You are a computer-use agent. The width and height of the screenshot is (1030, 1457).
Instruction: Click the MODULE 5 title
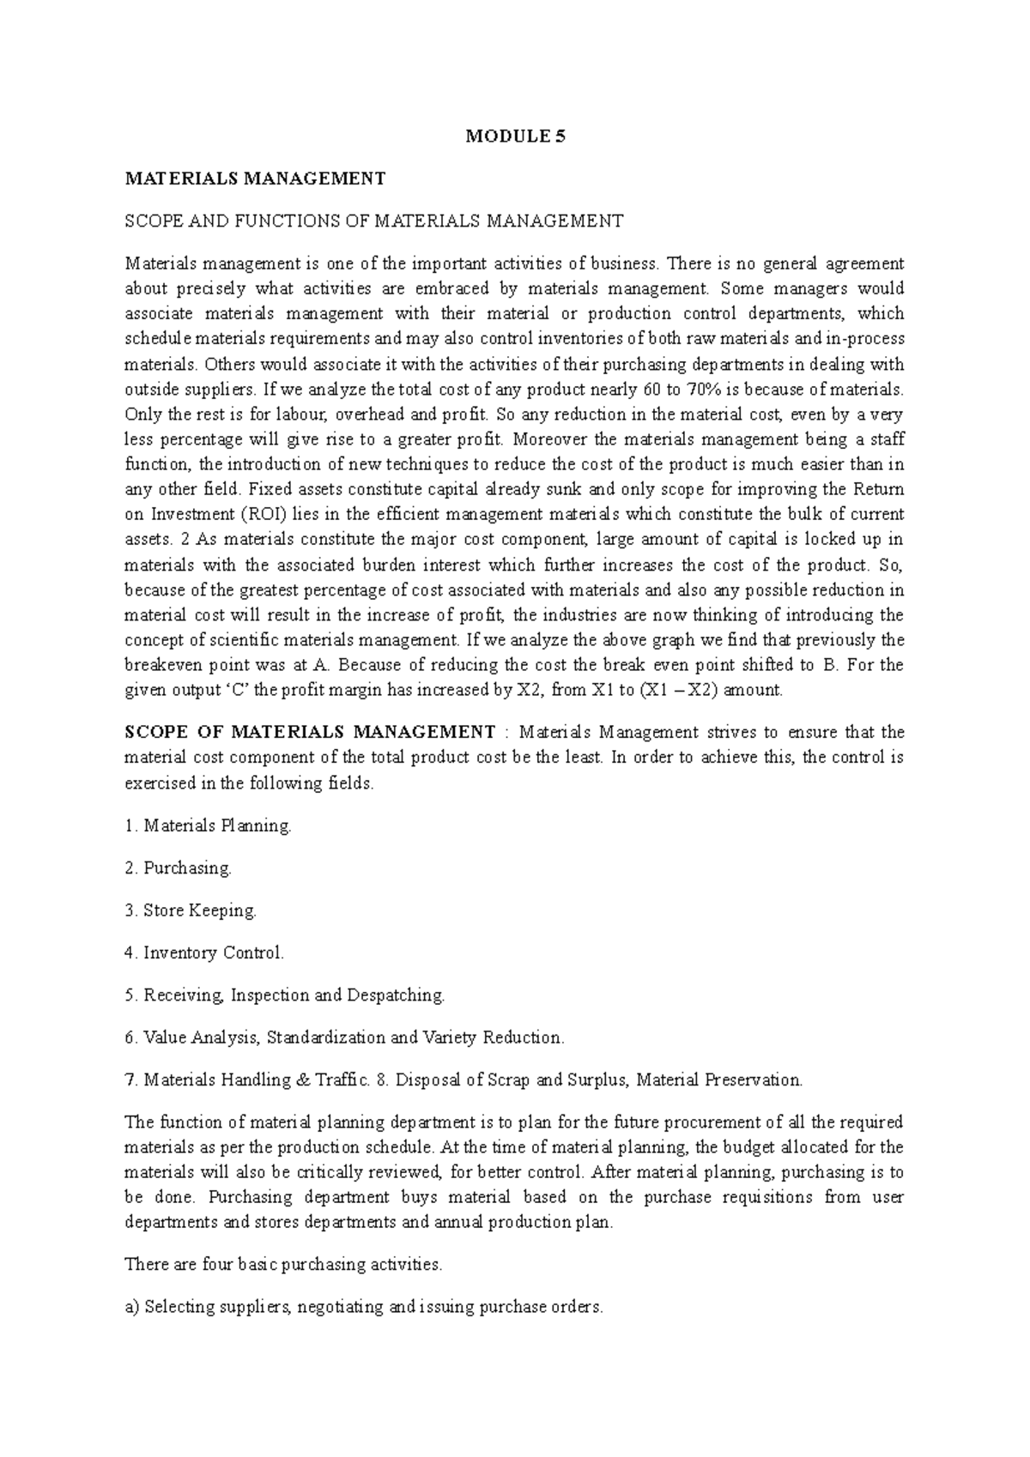515,136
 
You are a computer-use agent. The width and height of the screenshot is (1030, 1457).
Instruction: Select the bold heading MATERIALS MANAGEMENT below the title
256,178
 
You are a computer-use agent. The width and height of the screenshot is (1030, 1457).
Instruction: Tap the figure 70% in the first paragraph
679,389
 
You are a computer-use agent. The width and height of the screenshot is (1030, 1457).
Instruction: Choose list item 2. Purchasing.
179,868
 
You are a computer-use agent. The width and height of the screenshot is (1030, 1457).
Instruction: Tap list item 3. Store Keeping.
191,910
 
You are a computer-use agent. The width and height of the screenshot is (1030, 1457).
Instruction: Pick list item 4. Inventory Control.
204,952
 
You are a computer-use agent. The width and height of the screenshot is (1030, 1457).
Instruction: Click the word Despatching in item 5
396,995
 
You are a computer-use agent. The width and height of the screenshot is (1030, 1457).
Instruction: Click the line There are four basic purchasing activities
284,1264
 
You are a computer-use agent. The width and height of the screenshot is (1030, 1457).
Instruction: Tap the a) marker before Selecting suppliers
132,1307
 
